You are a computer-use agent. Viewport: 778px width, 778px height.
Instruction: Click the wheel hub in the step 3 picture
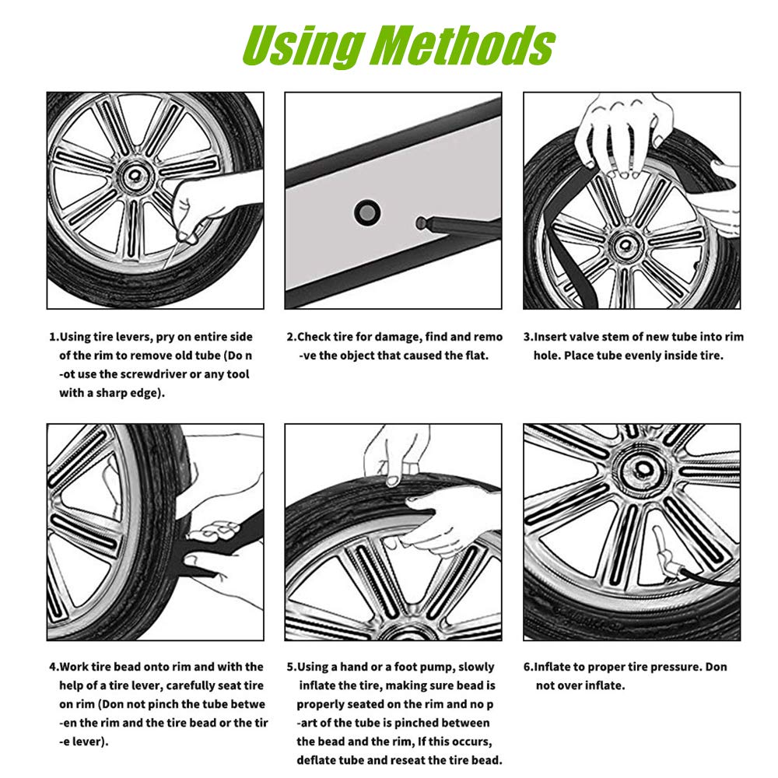(x=623, y=247)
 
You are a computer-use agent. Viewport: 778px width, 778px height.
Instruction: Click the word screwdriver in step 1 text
(x=145, y=374)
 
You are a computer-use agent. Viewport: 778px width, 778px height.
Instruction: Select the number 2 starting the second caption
(x=290, y=337)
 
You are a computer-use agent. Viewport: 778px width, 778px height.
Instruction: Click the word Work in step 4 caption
(x=77, y=667)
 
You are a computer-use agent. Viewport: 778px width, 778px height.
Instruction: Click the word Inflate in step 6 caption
(x=559, y=667)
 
